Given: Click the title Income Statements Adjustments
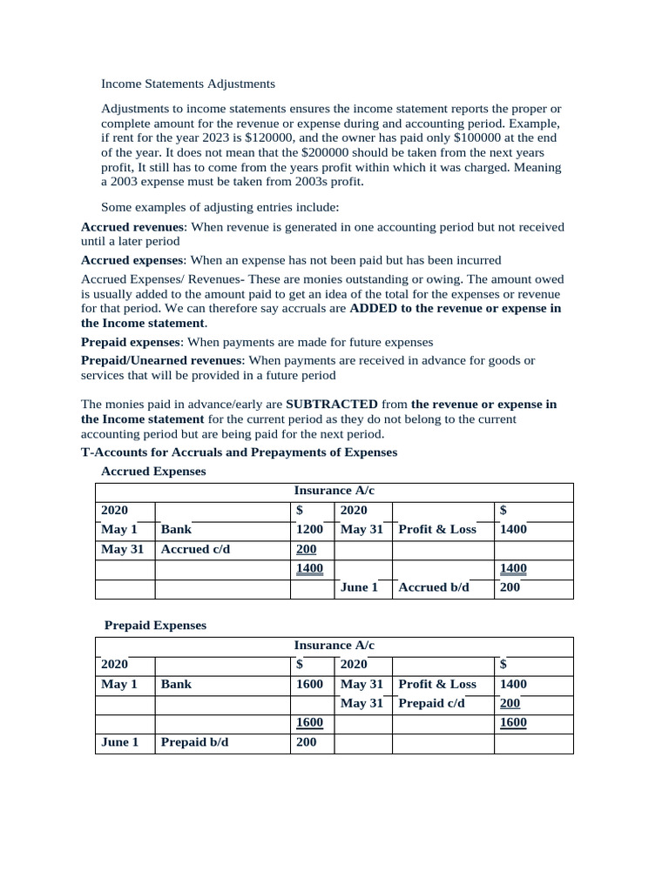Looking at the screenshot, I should pos(188,84).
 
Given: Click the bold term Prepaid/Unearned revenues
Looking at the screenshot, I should pos(160,360).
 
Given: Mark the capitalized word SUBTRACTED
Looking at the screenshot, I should pos(331,405).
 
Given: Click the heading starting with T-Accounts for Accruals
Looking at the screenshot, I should pos(239,452).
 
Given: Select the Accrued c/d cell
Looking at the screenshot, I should pos(196,550).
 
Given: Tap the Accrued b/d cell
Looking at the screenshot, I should pos(433,588).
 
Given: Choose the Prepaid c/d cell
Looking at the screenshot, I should pos(431,704).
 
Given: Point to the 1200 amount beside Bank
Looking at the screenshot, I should pos(309,530).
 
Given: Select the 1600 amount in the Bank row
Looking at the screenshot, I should pos(309,685).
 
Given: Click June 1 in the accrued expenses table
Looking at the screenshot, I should pos(359,588).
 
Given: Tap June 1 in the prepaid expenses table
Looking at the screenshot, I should pos(120,743).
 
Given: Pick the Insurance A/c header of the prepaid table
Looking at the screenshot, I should pos(334,646).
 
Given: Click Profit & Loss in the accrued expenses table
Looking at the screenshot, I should pos(437,530).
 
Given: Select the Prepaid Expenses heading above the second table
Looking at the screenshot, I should pos(155,626).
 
